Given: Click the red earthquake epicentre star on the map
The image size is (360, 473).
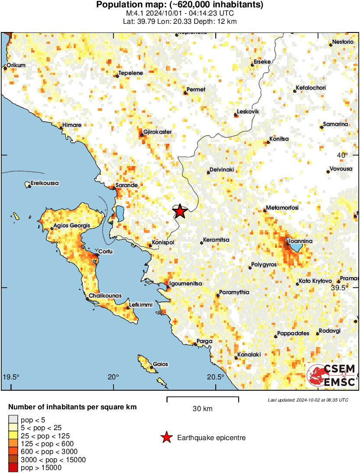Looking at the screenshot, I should pos(180,211).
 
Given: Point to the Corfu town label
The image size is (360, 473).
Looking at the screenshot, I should pos(106,251).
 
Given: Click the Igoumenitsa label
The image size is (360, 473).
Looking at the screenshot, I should pos(186,283).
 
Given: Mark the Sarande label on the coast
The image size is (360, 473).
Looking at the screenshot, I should pos(126,185).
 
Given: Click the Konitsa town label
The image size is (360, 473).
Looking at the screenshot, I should pos(279,139).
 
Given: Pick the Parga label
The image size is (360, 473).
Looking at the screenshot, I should pos(204,341).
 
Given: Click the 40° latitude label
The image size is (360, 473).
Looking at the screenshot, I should pos(343,155).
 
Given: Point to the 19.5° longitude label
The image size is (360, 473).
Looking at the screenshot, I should pos(11,376).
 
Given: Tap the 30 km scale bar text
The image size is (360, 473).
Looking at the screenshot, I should pos(202,408).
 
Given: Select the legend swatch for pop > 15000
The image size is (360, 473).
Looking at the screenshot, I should pos(13,467).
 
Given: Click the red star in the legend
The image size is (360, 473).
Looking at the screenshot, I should pos(166,438).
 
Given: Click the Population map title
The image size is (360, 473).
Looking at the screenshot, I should pos(180,5).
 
